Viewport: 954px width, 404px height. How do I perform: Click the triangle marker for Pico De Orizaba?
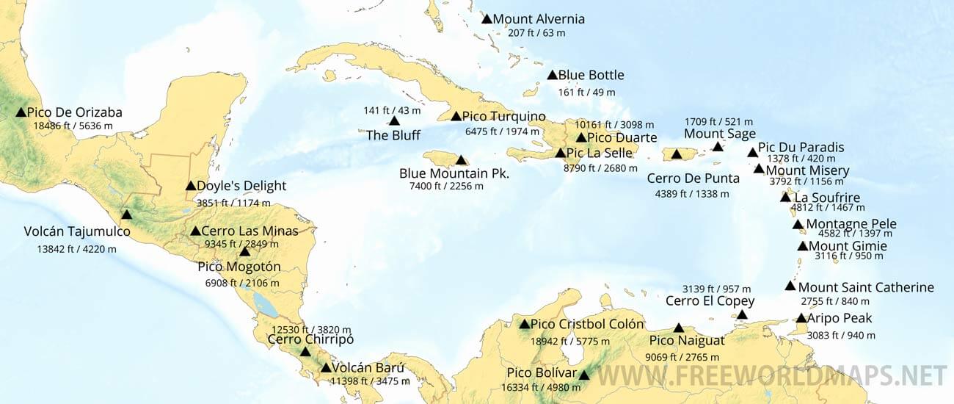pyautogui.click(x=21, y=112)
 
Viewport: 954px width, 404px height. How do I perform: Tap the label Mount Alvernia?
pyautogui.click(x=539, y=19)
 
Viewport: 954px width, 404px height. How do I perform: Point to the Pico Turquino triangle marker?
pyautogui.click(x=456, y=116)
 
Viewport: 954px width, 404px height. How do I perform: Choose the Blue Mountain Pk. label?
pyautogui.click(x=454, y=173)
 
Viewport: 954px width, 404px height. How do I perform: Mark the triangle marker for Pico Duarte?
pyautogui.click(x=581, y=137)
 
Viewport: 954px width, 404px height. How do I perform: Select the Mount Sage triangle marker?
pyautogui.click(x=718, y=147)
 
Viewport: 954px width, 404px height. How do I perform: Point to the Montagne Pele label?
pyautogui.click(x=851, y=224)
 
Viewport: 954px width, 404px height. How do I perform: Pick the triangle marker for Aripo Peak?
pyautogui.click(x=801, y=318)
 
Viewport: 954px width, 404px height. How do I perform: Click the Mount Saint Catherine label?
pyautogui.click(x=866, y=287)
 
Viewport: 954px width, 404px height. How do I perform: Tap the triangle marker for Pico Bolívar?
pyautogui.click(x=583, y=375)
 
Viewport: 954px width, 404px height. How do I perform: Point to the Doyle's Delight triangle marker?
pyautogui.click(x=191, y=186)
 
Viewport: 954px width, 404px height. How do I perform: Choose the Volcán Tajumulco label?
pyautogui.click(x=77, y=232)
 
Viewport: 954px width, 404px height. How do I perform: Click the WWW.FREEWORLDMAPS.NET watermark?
pyautogui.click(x=771, y=375)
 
